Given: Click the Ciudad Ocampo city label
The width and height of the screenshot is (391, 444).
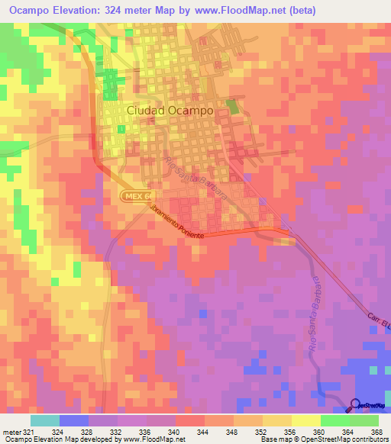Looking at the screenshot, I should click(169, 110).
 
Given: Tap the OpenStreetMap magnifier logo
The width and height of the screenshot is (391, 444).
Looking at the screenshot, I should click(355, 405).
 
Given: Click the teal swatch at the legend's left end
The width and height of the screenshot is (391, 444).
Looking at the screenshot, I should click(45, 420).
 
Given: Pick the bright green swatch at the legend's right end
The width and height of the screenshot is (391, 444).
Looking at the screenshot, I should click(364, 420).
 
